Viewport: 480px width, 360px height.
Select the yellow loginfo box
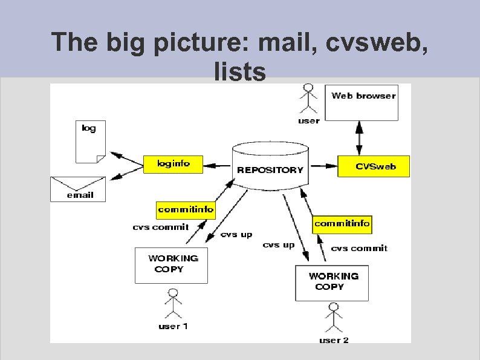(x=174, y=164)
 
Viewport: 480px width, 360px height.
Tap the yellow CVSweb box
(x=373, y=166)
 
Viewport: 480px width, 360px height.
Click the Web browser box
(x=362, y=102)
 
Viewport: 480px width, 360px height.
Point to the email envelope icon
(x=77, y=189)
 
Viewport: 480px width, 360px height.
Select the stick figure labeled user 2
(x=332, y=318)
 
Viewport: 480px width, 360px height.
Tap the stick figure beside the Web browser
(x=309, y=98)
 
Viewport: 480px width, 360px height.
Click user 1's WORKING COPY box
(x=171, y=265)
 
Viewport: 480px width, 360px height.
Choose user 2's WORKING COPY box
(x=332, y=282)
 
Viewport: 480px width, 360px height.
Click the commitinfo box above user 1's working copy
(x=186, y=210)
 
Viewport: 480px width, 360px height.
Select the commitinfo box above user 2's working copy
(x=342, y=223)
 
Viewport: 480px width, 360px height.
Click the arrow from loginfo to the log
(x=128, y=159)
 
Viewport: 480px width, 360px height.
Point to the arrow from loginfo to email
(x=126, y=172)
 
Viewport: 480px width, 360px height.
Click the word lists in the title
(x=239, y=71)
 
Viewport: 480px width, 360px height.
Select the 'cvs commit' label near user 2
(x=359, y=248)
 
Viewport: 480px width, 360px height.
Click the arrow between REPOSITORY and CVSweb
(x=323, y=165)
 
